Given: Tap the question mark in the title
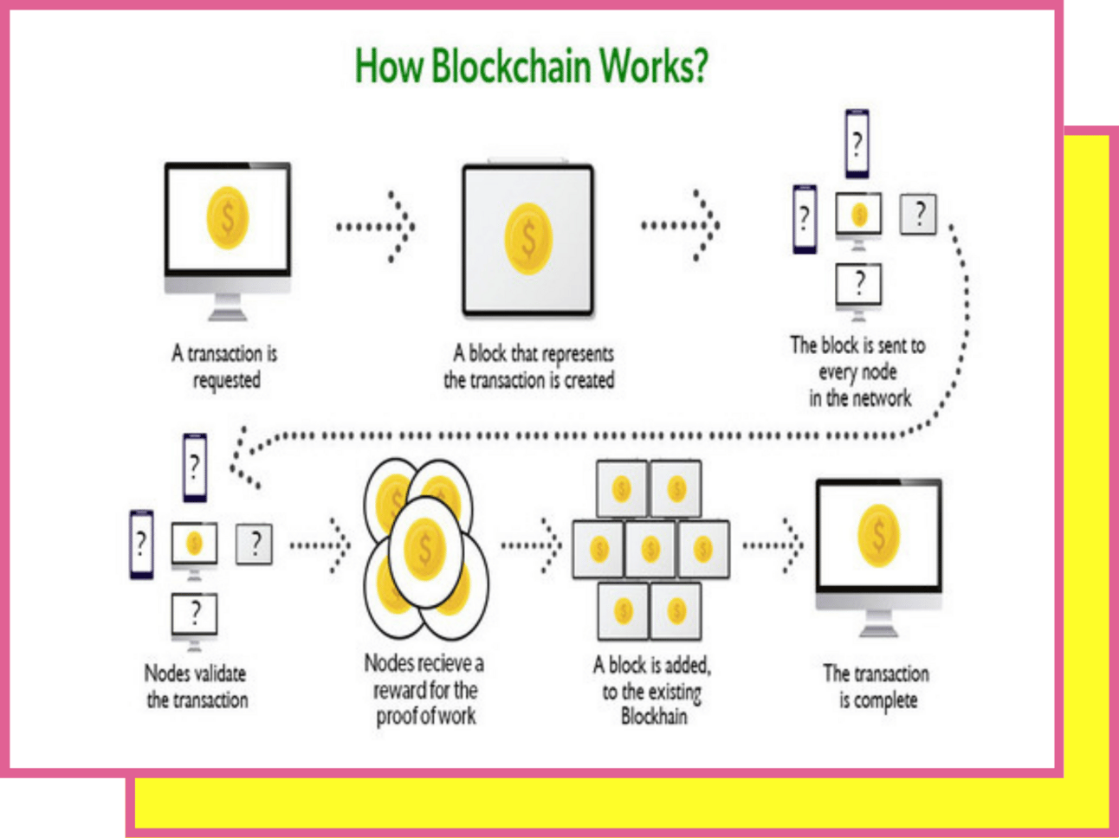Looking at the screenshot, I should point(700,66).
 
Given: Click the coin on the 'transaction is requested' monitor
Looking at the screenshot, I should point(228,217).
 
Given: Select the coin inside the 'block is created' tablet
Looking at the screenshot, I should point(528,238).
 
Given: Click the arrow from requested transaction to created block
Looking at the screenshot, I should point(378,227).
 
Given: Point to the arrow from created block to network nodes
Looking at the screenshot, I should point(682,226).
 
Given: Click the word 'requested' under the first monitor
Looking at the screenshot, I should point(227,381).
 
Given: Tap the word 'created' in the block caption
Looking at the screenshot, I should point(590,380).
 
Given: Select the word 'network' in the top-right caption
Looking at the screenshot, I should point(883,398).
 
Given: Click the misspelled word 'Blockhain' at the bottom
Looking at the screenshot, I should point(654,717).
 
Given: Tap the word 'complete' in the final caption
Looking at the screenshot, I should point(886,700).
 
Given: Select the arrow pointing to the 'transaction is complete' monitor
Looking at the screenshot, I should point(774,545).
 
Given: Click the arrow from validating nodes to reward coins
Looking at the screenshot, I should point(321,545).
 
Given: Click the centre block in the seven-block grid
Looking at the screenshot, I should point(650,549).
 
